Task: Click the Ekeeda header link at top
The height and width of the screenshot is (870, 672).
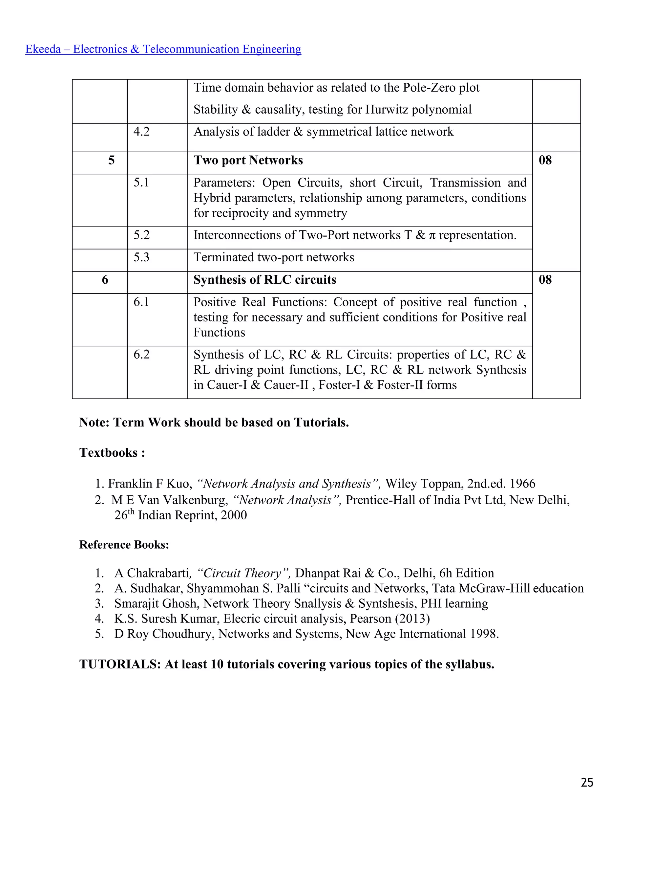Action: [163, 49]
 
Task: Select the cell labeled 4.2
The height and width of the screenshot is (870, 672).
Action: [141, 132]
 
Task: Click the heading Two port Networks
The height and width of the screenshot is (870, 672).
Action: [248, 160]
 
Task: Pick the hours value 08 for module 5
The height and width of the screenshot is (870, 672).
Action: [545, 160]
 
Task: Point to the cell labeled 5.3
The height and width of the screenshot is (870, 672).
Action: [141, 257]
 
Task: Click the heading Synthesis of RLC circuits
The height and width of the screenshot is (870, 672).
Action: [265, 280]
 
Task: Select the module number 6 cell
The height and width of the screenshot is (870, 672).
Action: [105, 280]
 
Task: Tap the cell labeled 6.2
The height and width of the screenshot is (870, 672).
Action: [141, 355]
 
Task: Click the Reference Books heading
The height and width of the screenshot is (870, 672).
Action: [124, 545]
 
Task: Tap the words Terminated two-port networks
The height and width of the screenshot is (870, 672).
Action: [274, 257]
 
